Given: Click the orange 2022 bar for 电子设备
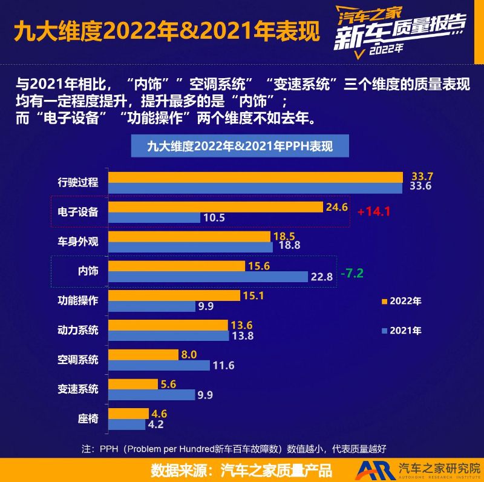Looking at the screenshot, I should coord(215,207).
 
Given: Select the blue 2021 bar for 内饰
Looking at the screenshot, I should coord(208,277).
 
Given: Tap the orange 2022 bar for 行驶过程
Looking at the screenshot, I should coord(255,177).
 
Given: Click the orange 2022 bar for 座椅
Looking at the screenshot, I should coord(128,414).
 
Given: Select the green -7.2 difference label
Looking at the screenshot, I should coord(352,272).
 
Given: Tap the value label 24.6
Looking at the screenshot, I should coord(336,207).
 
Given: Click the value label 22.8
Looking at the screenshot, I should coord(321,277).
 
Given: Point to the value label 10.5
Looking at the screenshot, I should coord(214,217).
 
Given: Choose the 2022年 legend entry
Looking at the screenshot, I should coord(402,300).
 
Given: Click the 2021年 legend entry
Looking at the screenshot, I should coord(402,330).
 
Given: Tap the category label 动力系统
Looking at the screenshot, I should coord(78,330).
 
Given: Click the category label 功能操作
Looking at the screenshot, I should coord(78,300).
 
